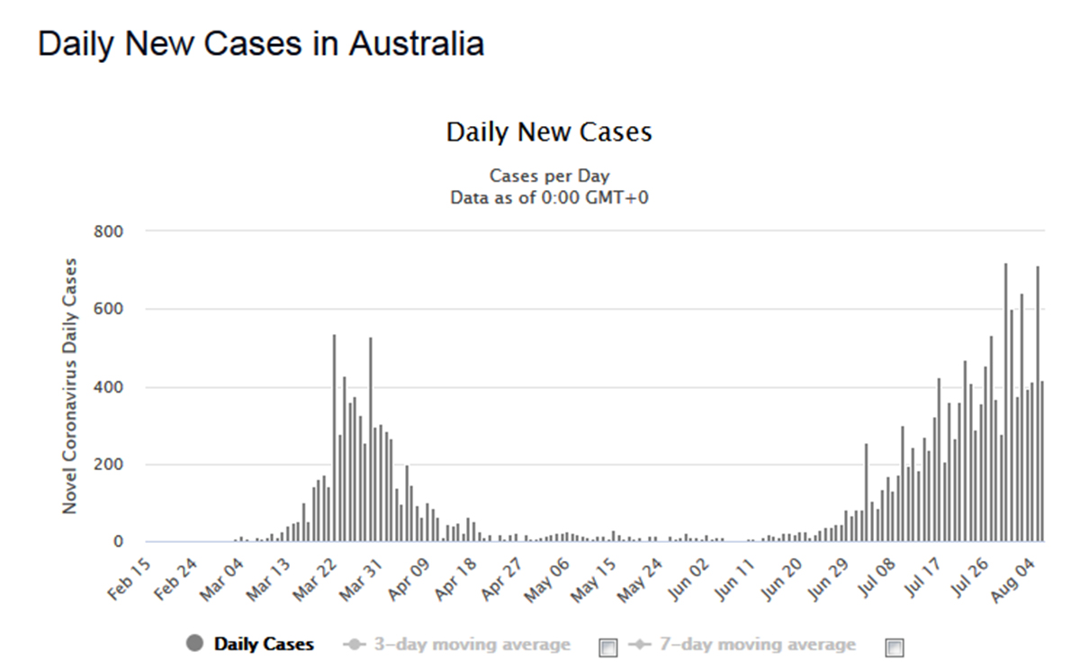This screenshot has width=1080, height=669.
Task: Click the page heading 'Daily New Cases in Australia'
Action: tap(261, 44)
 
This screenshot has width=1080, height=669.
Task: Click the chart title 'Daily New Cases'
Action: tap(549, 132)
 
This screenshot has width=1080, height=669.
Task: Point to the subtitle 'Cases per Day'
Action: tap(549, 176)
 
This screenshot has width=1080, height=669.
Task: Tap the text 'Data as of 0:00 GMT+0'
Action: tap(549, 197)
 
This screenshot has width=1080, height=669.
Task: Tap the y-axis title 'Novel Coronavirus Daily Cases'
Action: tap(70, 386)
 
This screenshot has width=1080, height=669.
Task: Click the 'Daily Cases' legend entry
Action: tap(263, 644)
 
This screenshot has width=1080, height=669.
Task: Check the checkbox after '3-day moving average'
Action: tap(608, 646)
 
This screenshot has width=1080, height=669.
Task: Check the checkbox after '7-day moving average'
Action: tap(894, 646)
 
